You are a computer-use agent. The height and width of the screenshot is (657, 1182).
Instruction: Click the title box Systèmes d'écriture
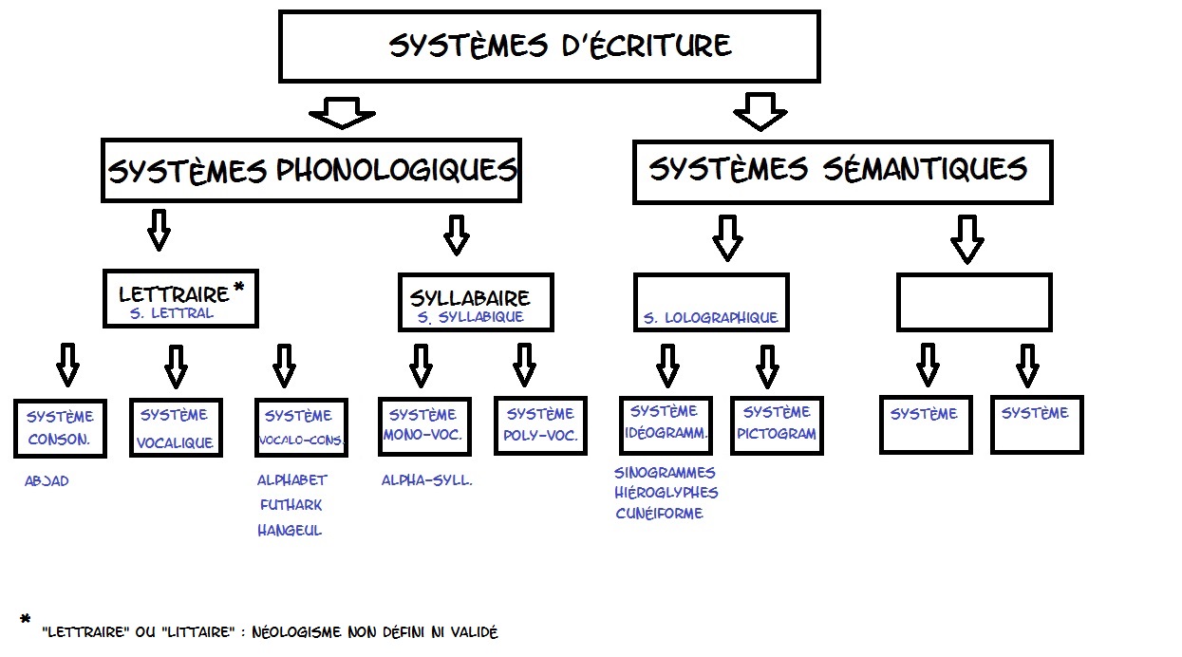(x=549, y=46)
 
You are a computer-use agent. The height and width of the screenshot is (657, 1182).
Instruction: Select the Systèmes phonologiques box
(x=311, y=171)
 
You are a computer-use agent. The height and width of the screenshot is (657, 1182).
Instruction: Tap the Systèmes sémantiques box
(x=842, y=171)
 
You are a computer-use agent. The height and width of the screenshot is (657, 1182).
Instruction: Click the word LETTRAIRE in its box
(x=174, y=294)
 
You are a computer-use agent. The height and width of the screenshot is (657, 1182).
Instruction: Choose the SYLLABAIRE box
(x=475, y=303)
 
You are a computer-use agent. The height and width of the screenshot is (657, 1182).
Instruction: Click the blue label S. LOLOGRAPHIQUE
(x=711, y=318)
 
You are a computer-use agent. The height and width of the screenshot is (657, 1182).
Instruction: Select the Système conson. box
(x=60, y=427)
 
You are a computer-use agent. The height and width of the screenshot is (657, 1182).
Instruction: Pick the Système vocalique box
(x=175, y=427)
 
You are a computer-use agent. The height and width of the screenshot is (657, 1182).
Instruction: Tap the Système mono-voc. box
(x=423, y=425)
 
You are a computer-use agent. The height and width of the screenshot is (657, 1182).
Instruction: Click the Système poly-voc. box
(x=540, y=425)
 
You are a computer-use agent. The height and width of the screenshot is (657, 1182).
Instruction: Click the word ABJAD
(x=47, y=481)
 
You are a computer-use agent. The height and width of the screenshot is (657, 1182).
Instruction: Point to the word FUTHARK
(x=291, y=505)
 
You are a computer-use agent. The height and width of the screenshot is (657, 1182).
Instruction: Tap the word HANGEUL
(x=290, y=531)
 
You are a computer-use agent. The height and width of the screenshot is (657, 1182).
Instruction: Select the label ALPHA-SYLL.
(x=427, y=480)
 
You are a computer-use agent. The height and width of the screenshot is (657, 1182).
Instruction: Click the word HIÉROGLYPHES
(x=666, y=493)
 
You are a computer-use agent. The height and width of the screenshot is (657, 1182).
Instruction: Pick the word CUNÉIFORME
(x=659, y=514)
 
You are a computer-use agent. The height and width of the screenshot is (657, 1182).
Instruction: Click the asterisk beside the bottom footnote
(x=26, y=620)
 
